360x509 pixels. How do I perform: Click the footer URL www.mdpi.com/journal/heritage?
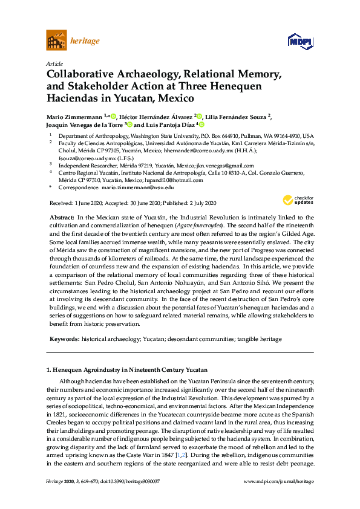[x=278, y=498]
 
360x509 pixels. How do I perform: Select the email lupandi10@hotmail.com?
[x=157, y=180]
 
